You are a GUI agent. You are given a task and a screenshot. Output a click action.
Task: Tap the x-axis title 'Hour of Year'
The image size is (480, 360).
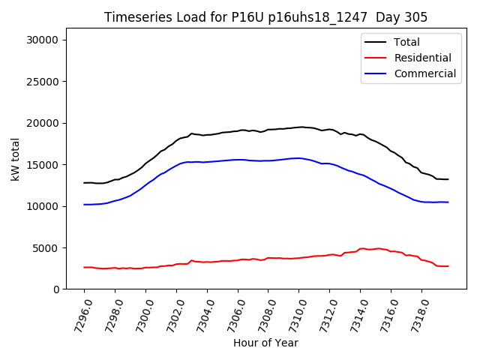click(265, 343)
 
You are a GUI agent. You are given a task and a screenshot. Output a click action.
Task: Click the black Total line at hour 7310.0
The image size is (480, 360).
click(298, 127)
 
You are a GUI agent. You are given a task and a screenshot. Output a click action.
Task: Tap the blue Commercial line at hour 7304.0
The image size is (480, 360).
click(207, 162)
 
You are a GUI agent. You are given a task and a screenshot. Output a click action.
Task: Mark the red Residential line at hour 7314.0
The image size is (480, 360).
click(360, 248)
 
